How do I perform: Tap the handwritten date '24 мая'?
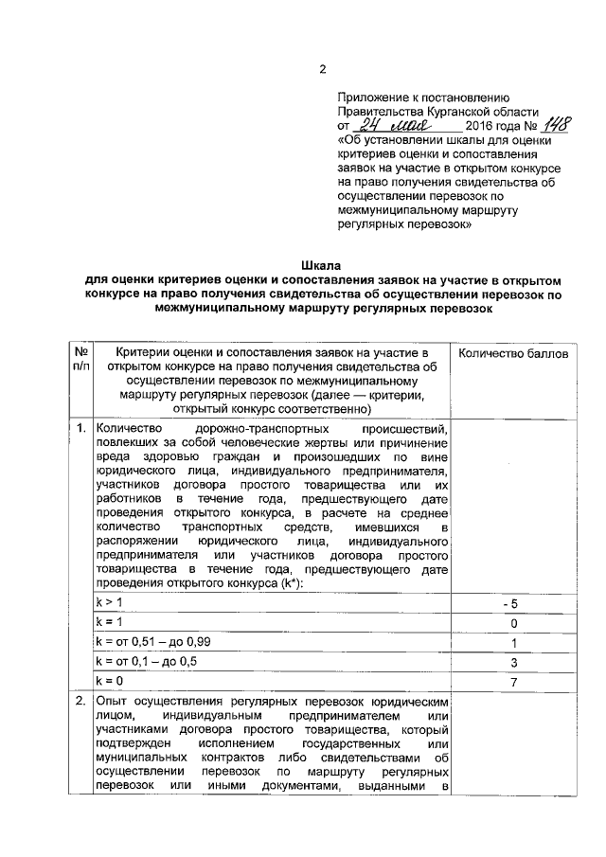click(x=391, y=125)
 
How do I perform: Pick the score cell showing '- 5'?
click(x=513, y=603)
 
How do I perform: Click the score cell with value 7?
click(x=513, y=682)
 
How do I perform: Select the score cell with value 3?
click(x=513, y=662)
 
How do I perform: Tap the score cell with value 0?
click(x=513, y=623)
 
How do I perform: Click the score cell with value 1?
click(x=513, y=642)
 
